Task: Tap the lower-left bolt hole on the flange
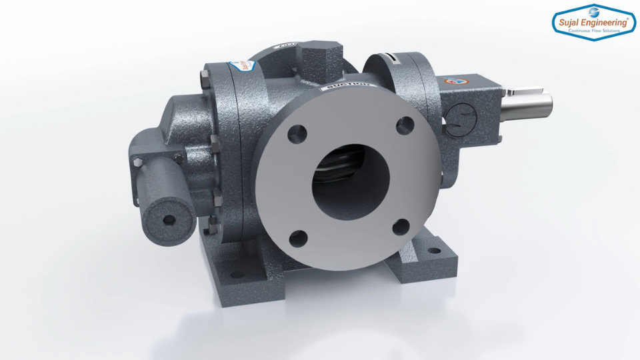click(299, 238)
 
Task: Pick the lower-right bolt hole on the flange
click(400, 228)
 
